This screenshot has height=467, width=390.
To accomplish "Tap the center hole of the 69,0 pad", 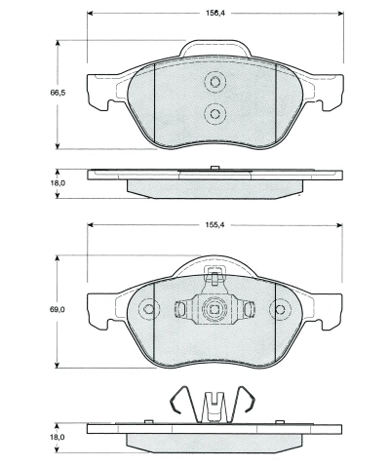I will coord(214,310).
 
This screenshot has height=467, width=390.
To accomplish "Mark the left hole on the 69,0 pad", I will coord(149,311).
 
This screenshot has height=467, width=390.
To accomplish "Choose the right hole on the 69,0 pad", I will coord(280,311).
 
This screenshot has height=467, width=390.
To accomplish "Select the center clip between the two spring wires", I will coord(214,403).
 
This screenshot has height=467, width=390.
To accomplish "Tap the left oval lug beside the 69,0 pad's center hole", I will coord(179,310).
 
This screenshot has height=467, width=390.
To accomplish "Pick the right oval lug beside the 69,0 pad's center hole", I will coord(250,310).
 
